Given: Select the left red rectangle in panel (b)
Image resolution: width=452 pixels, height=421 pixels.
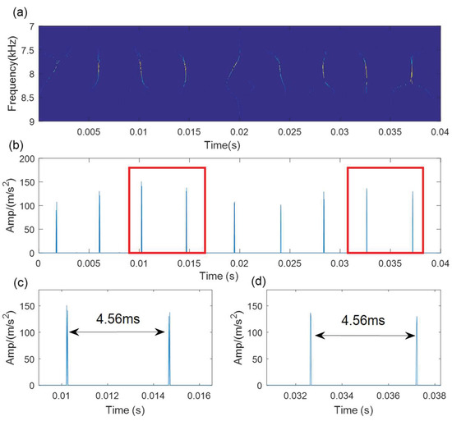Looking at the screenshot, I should (x=167, y=209).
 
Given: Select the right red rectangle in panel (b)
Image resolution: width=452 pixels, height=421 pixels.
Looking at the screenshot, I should (x=385, y=209).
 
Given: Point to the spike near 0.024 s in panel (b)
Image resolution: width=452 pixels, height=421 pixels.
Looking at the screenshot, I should (x=280, y=230).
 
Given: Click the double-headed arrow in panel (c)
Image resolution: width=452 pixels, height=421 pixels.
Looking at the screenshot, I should (x=117, y=332).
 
